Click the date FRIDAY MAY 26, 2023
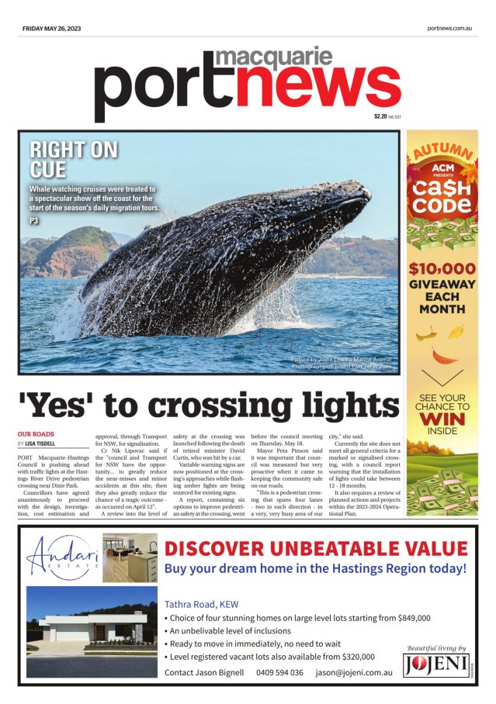click(x=51, y=29)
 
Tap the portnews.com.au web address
click(x=449, y=29)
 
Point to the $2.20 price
click(x=380, y=116)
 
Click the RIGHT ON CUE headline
click(x=73, y=160)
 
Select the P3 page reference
click(x=34, y=221)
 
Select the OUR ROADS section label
click(x=36, y=434)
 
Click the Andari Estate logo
click(x=62, y=558)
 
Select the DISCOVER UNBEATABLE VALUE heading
click(x=316, y=548)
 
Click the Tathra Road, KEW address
click(x=201, y=604)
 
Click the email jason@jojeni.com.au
click(x=353, y=672)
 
